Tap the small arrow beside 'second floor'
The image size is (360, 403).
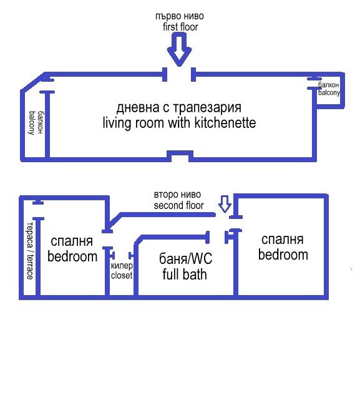[225, 205]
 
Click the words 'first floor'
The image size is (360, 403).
[180, 27]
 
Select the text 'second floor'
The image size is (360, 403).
[179, 205]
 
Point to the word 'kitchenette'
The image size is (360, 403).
[225, 123]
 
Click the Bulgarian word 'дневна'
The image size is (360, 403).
[138, 108]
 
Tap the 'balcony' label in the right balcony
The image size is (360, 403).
[329, 92]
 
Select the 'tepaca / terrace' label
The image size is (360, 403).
[30, 251]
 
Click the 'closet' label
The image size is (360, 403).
[122, 275]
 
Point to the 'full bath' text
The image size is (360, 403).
[185, 274]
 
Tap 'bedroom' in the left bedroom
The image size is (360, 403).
[72, 257]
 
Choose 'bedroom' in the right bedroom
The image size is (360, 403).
[283, 255]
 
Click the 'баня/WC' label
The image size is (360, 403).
[185, 258]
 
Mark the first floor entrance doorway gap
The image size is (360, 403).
[179, 74]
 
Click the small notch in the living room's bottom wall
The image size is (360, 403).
[180, 156]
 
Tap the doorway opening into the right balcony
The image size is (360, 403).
[314, 84]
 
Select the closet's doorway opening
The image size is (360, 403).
[121, 256]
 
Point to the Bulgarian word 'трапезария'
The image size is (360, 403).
[207, 108]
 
